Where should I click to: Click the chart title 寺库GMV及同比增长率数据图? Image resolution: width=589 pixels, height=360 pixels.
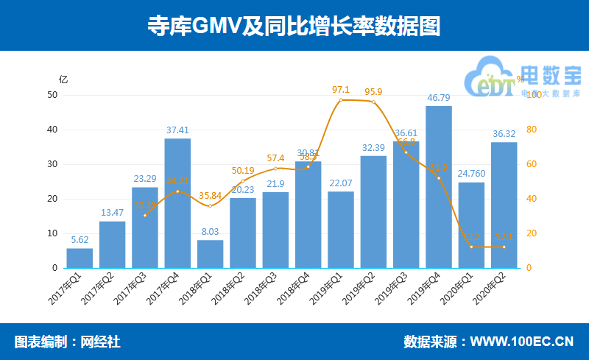coord(294,26)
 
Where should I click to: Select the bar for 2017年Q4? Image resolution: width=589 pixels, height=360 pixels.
coord(177,202)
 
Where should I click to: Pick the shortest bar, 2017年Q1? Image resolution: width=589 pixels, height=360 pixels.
coord(80,258)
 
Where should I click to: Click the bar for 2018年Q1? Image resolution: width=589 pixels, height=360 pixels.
coord(210,253)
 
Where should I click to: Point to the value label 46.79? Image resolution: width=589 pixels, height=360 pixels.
coord(439,97)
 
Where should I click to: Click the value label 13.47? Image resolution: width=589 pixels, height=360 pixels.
coord(112,213)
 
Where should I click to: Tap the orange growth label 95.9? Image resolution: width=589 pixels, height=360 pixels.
coord(373,92)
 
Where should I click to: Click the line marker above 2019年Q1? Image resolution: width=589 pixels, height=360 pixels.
coord(341,99)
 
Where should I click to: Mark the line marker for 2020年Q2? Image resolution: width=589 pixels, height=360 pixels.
coord(504,247)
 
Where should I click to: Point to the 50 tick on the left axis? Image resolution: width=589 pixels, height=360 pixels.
coord(52,95)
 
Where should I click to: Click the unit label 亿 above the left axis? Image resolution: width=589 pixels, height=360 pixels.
coord(63,80)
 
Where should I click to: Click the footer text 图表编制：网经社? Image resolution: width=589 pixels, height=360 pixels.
coord(67,342)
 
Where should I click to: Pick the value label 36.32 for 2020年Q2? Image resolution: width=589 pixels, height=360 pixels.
coord(504,133)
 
